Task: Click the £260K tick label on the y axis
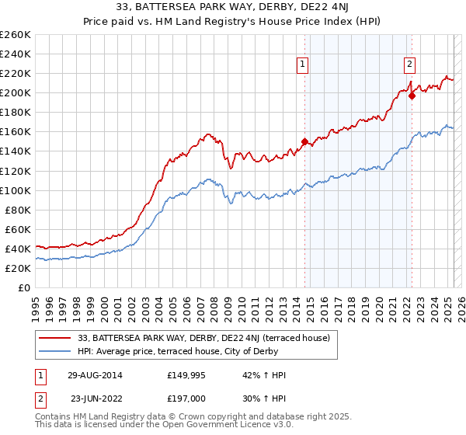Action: point(15,35)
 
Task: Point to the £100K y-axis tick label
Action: point(15,190)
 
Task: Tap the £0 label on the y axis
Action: point(23,287)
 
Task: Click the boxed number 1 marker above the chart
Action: point(302,65)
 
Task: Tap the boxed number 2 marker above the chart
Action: point(409,65)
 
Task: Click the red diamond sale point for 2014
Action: point(304,142)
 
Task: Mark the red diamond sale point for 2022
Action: point(412,96)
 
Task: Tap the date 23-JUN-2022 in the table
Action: point(94,397)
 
